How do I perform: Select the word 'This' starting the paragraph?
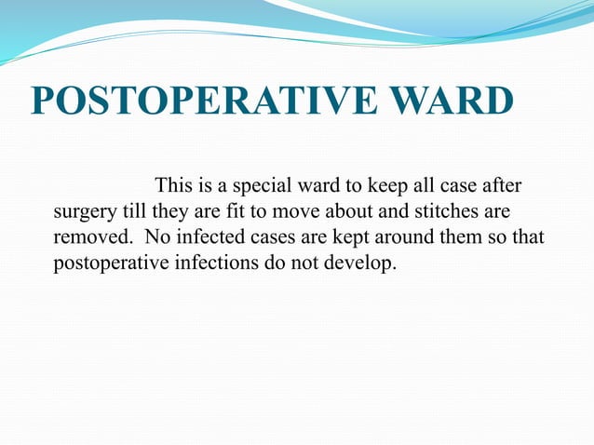point(173,183)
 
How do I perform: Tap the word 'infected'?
point(203,236)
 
